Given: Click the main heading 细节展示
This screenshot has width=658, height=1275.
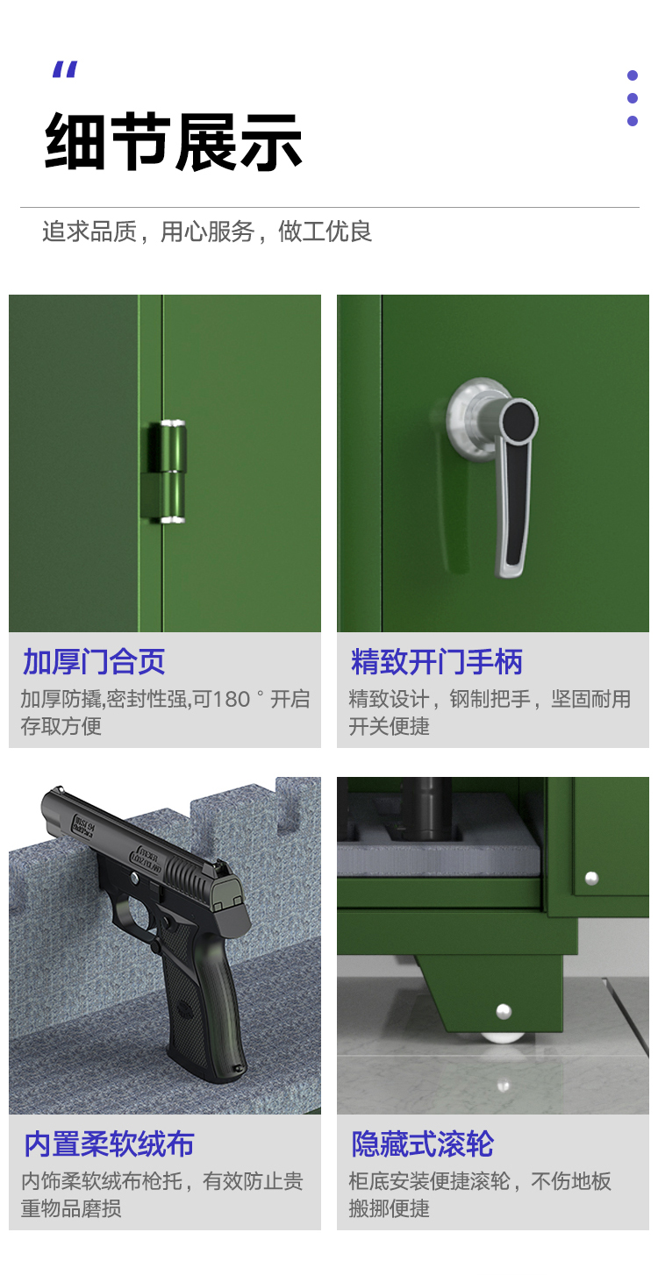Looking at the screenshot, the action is point(173,141).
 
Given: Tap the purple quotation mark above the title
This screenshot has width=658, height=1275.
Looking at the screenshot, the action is point(65,69).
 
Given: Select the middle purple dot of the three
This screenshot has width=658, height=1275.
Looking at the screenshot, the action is point(632,98).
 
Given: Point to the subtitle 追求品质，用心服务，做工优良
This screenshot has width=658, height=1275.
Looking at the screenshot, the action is point(207,231).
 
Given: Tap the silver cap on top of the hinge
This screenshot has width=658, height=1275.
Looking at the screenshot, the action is point(173,424).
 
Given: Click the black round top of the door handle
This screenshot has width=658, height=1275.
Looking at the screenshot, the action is point(519,420).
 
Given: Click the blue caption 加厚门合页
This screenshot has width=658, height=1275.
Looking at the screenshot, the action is point(94,661).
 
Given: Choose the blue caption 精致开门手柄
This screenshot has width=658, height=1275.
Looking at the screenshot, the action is point(436,661).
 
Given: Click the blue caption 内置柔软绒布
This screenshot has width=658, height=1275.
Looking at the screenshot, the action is point(109,1143).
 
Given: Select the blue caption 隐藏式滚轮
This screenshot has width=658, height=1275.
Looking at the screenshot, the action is point(422,1143).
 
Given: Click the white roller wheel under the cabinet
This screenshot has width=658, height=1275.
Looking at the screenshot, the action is point(502,1037).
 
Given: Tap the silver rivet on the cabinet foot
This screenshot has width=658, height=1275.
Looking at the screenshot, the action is point(504,1011).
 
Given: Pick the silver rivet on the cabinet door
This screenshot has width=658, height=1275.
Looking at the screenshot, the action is point(591,879).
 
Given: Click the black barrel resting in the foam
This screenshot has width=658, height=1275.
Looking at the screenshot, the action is point(426,808).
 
